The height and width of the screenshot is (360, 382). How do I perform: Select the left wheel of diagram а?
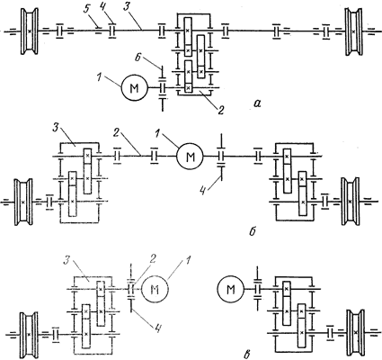coord(30,31)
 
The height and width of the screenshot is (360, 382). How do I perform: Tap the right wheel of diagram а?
coord(353,31)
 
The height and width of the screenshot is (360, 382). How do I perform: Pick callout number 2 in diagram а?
coord(220,110)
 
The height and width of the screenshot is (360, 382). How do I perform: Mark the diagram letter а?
coord(257,103)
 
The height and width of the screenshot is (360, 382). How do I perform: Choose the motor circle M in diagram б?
coord(190,157)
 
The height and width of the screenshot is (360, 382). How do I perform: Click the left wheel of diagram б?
coord(23,202)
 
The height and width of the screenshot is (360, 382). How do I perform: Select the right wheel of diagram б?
coord(350,202)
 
